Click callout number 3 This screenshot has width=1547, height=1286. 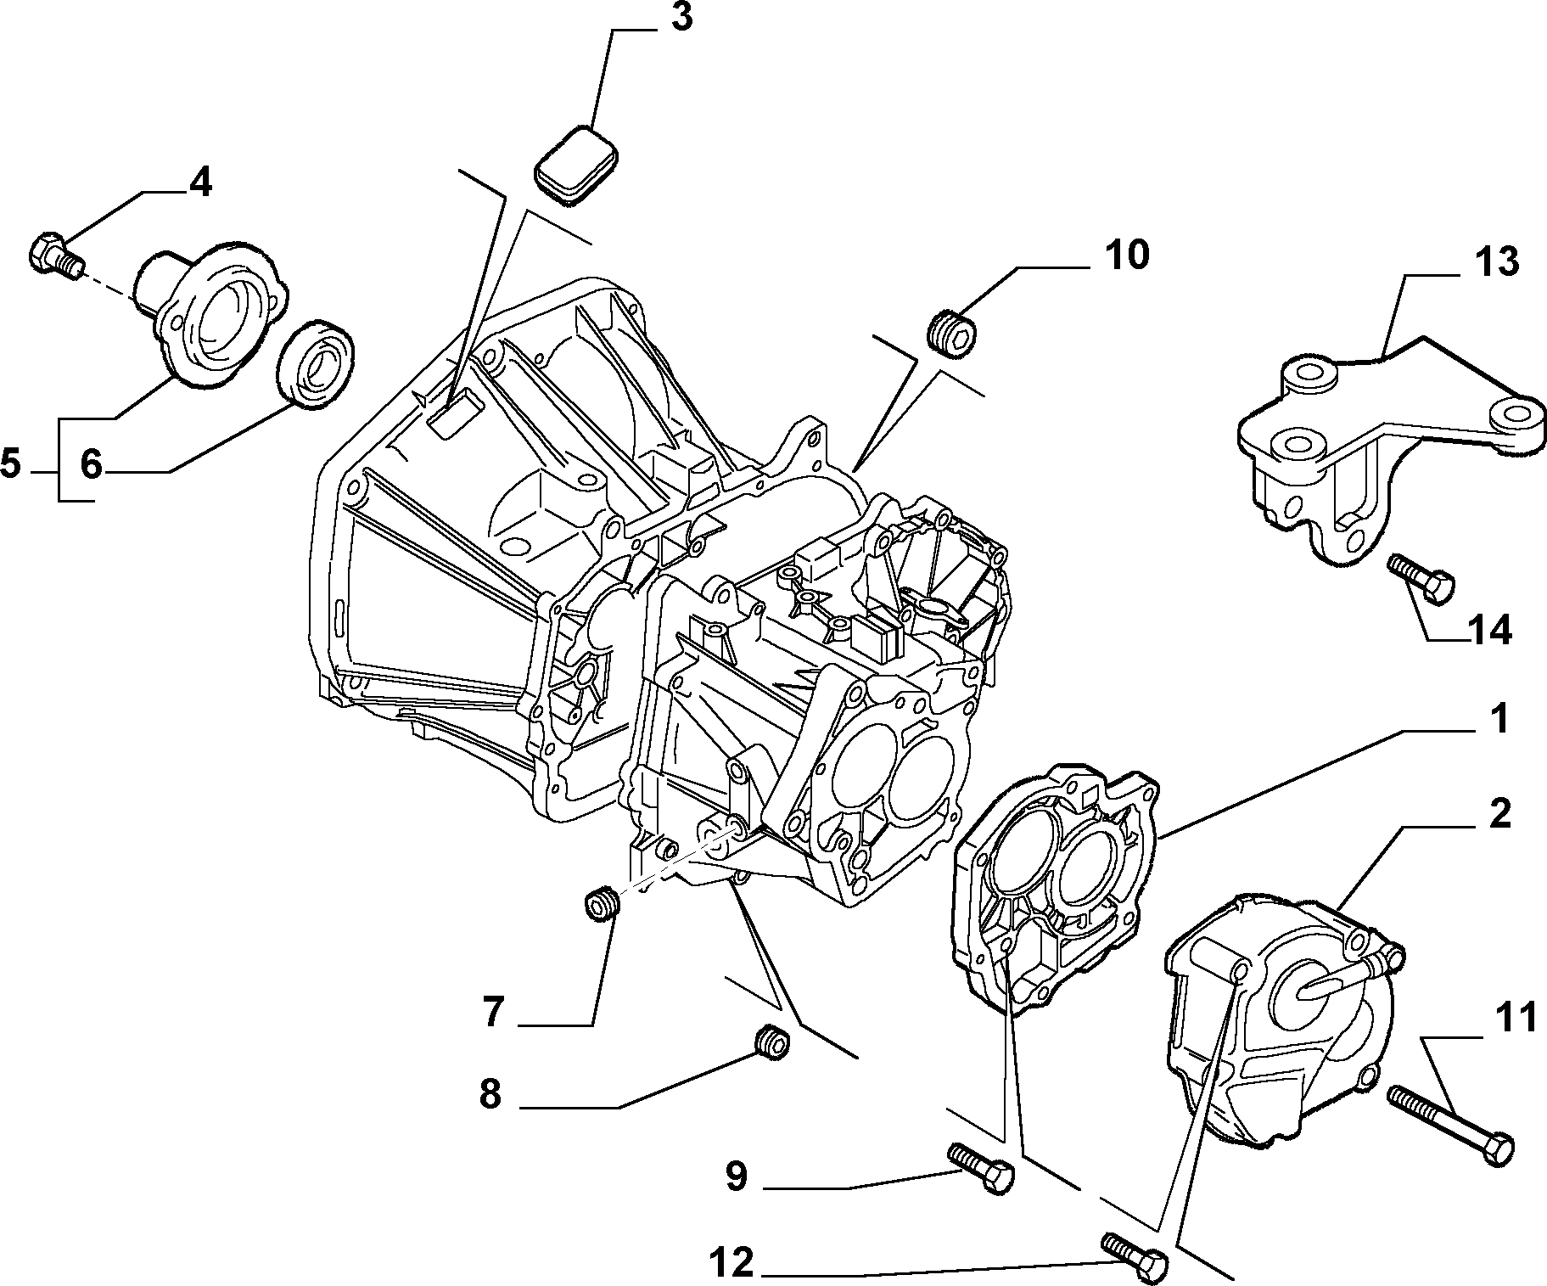pos(681,18)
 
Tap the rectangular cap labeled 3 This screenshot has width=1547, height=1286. pos(575,166)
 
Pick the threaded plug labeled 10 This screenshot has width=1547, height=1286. pos(950,332)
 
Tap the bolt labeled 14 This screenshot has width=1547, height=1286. pos(1421,579)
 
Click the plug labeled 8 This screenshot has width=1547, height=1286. pos(773,1042)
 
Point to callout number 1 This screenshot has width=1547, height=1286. pos(1499,719)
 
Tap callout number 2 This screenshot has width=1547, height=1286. pos(1499,814)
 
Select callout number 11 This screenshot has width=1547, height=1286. pos(1515,1018)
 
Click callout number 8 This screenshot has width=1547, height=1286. pos(490,1095)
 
